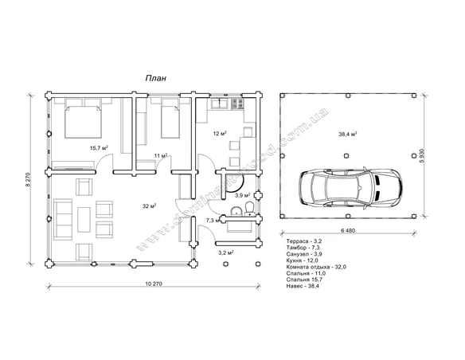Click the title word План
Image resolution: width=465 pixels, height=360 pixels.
pos(156,78)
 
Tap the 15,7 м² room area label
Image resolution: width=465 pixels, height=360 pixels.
pos(99,147)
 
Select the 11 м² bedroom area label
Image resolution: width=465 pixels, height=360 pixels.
pos(161,155)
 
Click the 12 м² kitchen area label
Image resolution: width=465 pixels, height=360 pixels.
pos(220,134)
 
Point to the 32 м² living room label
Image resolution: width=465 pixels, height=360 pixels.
pos(150,205)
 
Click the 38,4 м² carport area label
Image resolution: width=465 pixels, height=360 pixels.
pos(348,134)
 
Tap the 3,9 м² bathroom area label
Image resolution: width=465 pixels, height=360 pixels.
pos(243,195)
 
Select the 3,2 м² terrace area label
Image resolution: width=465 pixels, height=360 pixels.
pos(225,253)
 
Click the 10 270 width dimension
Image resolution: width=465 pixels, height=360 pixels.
pos(154,284)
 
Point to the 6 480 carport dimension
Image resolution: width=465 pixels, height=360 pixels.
pos(348,230)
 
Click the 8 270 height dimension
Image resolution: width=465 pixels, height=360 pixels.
pos(28,179)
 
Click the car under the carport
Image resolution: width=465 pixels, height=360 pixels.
pos(351,188)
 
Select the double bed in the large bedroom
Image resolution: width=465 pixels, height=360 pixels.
pos(84,122)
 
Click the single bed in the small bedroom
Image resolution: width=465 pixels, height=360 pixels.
pos(170,122)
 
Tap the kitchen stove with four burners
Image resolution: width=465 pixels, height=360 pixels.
pos(237,104)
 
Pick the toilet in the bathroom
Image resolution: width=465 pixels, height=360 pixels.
pos(250,208)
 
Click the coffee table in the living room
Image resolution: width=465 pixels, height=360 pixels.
pos(84,220)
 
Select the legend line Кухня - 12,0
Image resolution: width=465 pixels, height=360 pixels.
pos(303,260)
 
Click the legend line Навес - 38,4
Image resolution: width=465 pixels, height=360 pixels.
pos(303,286)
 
